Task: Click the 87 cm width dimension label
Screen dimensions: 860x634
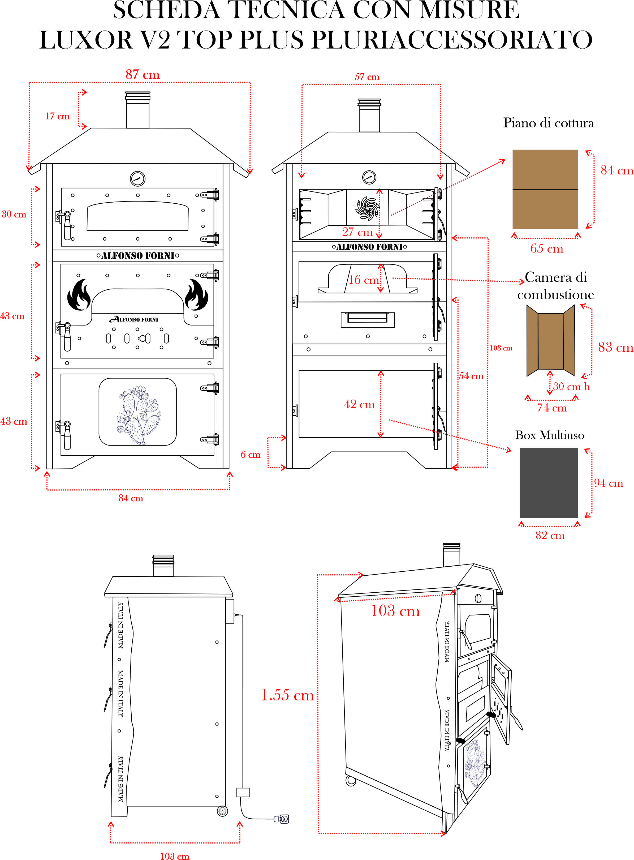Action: pyautogui.click(x=143, y=75)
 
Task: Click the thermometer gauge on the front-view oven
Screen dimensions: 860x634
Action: pyautogui.click(x=137, y=178)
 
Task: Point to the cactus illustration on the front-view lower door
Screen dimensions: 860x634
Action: pyautogui.click(x=138, y=415)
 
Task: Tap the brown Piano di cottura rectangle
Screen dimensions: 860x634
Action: pyautogui.click(x=545, y=189)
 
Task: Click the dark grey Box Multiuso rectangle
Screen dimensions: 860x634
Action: pyautogui.click(x=549, y=483)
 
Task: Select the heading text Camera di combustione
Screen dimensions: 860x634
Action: pyautogui.click(x=555, y=286)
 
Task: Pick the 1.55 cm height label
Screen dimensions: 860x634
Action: pyautogui.click(x=287, y=695)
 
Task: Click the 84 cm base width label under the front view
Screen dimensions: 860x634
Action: pyautogui.click(x=131, y=498)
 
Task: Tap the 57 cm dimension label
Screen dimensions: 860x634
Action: pyautogui.click(x=367, y=77)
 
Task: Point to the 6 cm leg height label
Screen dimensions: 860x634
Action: pyautogui.click(x=250, y=455)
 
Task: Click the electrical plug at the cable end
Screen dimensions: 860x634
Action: pyautogui.click(x=282, y=819)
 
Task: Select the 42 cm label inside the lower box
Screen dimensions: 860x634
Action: pyautogui.click(x=359, y=404)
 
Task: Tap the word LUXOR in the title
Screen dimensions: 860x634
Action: pyautogui.click(x=86, y=40)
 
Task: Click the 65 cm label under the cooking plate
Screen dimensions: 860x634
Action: pyautogui.click(x=546, y=249)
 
